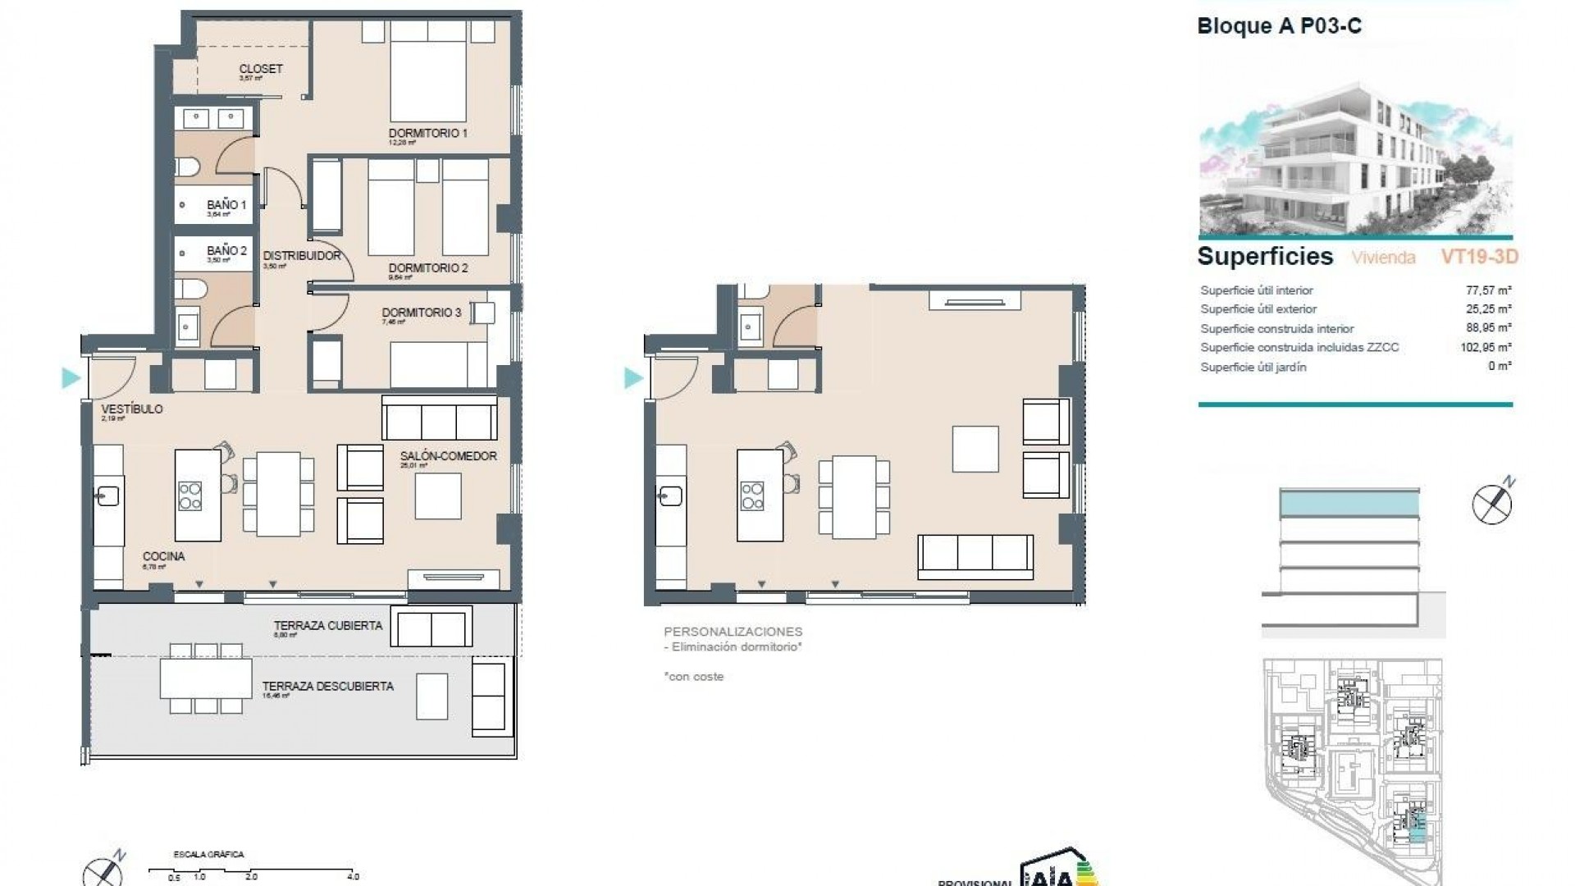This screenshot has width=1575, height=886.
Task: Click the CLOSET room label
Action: pos(261,69)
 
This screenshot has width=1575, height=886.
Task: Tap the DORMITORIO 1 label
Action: pos(427,133)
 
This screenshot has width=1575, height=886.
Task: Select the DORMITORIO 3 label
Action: pos(421,313)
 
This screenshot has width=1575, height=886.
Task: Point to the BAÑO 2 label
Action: pos(226,251)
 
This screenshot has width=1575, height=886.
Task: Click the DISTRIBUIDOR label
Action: pos(301,256)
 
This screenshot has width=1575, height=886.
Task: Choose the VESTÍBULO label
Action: pos(131,409)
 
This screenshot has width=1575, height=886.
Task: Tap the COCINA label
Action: pos(163,556)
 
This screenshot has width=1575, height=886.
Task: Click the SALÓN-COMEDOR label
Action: pos(448,456)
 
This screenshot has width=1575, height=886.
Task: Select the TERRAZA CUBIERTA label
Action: pos(327,626)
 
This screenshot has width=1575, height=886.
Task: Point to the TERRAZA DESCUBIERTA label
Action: pos(327,687)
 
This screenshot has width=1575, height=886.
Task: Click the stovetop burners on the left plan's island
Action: pos(190,496)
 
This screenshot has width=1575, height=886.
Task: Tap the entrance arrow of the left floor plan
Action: pos(71,378)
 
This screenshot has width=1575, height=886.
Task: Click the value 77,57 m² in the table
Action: pos(1488,290)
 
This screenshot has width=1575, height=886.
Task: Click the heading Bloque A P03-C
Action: pos(1279,26)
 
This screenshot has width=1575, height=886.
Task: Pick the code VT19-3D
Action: pos(1479,257)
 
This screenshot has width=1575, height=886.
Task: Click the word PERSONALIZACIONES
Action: pos(733,632)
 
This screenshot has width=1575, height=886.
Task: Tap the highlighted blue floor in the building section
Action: pos(1349,503)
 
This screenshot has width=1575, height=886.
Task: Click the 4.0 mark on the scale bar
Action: pos(354,876)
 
